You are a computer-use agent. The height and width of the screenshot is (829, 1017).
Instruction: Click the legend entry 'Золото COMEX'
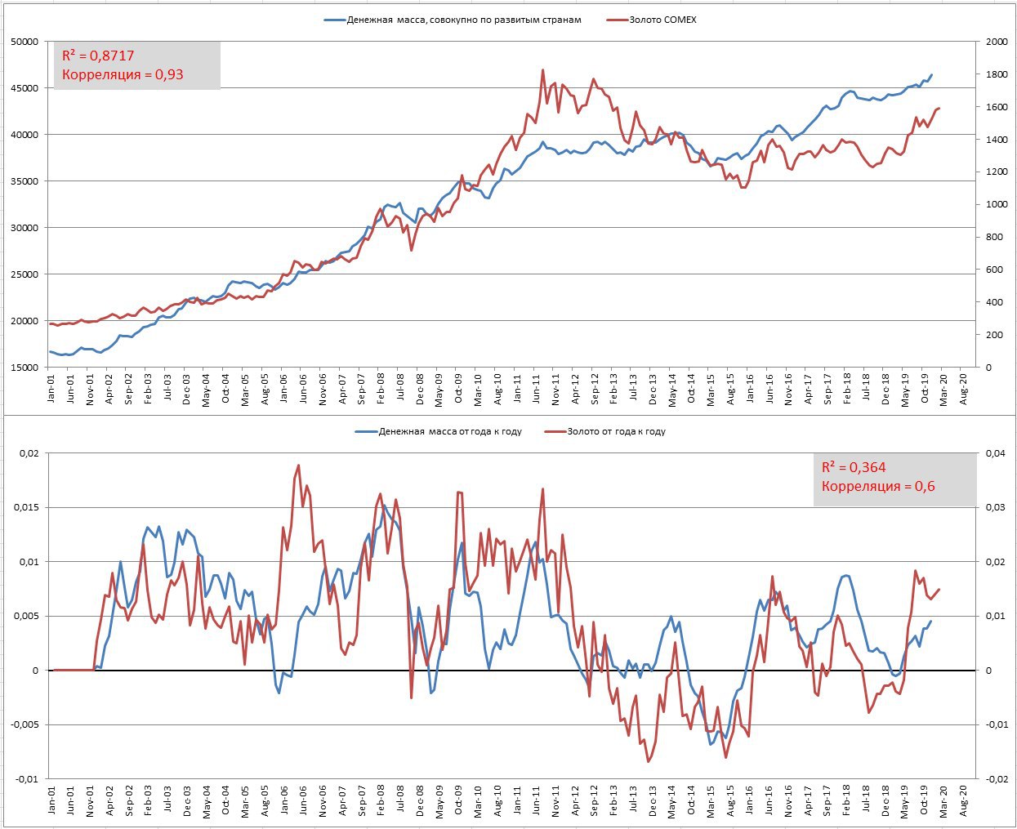tap(662, 20)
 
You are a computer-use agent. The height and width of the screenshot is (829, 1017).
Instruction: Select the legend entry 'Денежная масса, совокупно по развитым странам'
tap(464, 20)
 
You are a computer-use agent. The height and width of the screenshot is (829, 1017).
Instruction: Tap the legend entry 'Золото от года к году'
tap(616, 431)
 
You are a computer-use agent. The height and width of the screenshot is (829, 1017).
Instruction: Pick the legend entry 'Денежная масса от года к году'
tap(450, 431)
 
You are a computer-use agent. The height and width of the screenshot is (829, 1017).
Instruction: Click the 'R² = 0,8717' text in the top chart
tap(98, 56)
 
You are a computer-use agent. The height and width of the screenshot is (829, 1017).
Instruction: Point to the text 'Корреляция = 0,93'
tap(123, 75)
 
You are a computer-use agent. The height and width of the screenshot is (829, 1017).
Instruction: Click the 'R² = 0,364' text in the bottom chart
tap(854, 467)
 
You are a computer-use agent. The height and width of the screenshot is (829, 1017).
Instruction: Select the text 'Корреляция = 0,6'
tap(878, 487)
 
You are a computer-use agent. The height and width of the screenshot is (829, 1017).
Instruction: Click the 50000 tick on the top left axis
tap(23, 42)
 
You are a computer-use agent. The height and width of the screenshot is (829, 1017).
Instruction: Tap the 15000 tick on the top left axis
tap(23, 368)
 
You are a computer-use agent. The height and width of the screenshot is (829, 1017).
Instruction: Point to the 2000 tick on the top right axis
tap(996, 42)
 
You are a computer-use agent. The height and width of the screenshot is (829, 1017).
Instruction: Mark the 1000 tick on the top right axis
tap(996, 205)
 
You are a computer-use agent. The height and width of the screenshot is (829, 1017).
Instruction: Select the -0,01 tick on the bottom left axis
tap(25, 779)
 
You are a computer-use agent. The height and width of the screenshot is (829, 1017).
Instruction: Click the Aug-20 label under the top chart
tap(964, 390)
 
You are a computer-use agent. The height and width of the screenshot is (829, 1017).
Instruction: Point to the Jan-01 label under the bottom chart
tap(51, 803)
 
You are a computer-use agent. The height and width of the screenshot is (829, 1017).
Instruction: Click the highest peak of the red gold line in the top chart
tap(543, 70)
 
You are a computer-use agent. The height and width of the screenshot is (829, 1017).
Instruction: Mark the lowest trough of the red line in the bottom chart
tap(649, 762)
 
